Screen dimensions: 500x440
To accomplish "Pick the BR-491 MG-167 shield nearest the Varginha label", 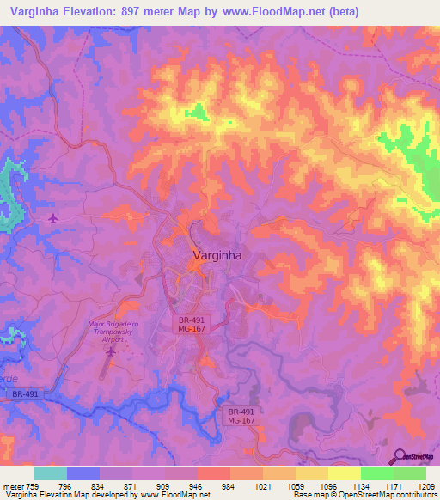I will click(189, 323).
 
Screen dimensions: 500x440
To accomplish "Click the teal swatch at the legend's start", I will click(50, 473).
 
